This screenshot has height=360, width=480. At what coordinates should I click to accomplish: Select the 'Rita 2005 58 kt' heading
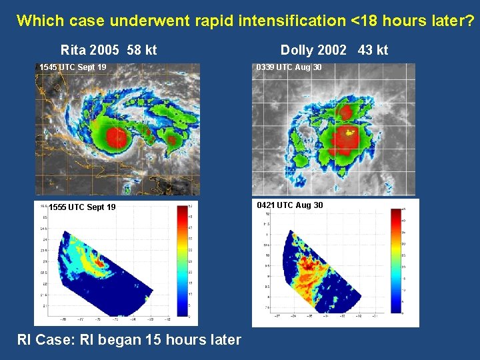click(109, 50)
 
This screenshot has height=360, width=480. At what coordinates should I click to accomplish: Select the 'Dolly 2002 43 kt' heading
click(334, 50)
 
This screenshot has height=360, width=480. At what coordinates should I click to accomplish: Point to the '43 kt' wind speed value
click(373, 50)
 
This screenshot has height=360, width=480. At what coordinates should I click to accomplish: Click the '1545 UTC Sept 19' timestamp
click(73, 67)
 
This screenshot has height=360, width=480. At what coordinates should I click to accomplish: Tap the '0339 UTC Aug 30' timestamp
click(289, 67)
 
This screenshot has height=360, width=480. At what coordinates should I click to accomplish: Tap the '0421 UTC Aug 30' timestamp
click(290, 205)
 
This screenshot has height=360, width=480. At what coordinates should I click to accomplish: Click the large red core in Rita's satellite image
click(117, 138)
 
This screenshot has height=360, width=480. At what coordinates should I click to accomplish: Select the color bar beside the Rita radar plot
click(183, 260)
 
